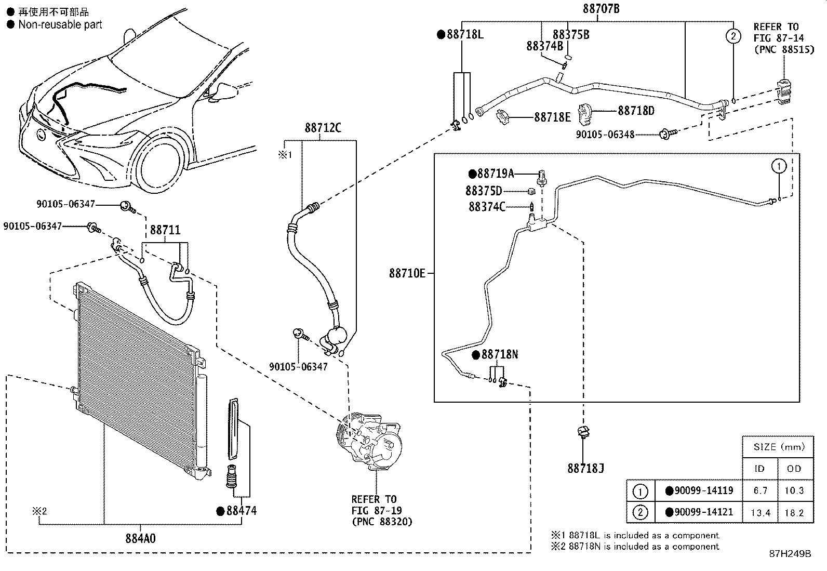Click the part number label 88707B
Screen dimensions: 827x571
click(x=601, y=8)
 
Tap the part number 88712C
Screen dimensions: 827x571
click(x=323, y=128)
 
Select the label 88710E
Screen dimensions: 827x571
click(x=407, y=273)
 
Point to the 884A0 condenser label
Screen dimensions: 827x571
click(x=140, y=538)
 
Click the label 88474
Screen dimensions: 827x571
click(x=242, y=511)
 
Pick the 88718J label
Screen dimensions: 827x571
click(x=585, y=468)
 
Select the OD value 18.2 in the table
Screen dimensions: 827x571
click(x=794, y=513)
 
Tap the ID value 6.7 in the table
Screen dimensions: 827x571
click(x=760, y=490)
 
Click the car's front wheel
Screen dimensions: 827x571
click(x=161, y=163)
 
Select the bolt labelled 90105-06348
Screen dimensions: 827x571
click(x=668, y=134)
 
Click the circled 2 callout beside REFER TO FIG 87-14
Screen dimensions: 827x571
click(x=733, y=36)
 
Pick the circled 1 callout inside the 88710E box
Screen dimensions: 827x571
click(x=779, y=166)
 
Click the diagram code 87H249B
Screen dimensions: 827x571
click(x=790, y=554)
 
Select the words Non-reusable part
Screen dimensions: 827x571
click(x=60, y=25)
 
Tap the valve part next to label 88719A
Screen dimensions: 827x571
click(x=542, y=178)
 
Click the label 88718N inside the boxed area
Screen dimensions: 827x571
click(x=500, y=354)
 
